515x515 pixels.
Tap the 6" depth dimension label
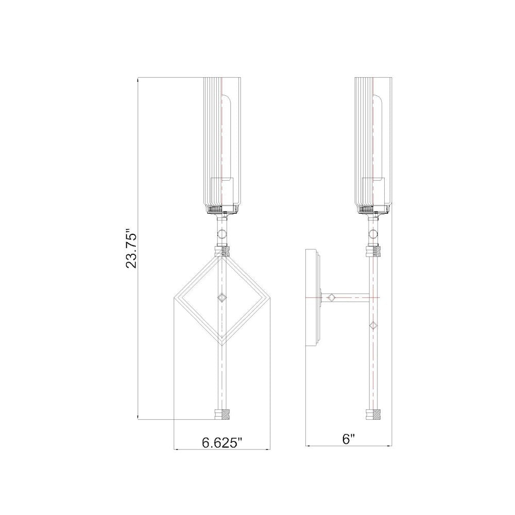pos(349,439)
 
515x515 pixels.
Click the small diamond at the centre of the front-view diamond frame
pos(222,298)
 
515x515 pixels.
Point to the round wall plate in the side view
pos(313,298)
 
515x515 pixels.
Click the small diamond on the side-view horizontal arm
pos(331,298)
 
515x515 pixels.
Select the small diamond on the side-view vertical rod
pos(373,325)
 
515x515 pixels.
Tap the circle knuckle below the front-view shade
pos(222,234)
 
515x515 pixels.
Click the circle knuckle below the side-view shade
pos(373,234)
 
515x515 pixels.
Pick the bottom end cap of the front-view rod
pos(222,414)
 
